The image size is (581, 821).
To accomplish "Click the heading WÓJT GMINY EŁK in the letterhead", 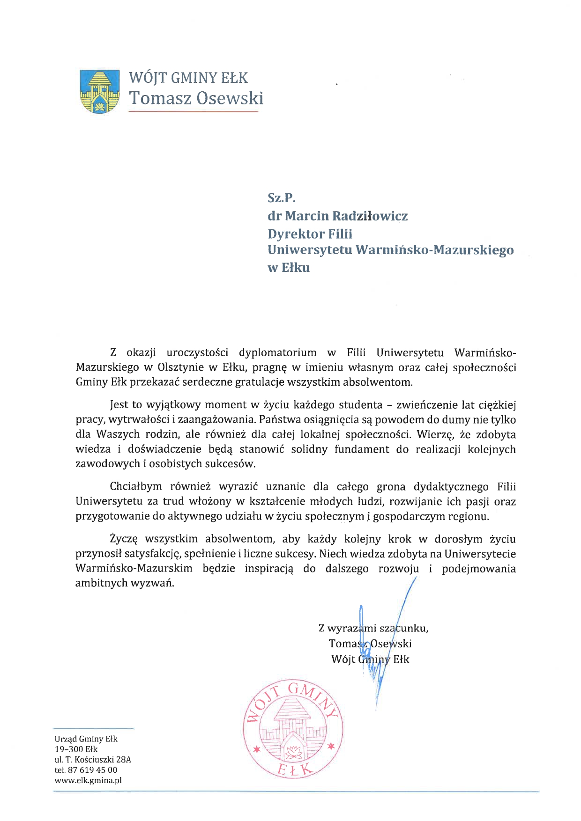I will (188, 77).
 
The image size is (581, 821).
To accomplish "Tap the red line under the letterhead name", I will (193, 111).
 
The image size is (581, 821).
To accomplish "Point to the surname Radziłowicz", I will (370, 216).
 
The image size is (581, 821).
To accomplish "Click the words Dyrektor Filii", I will (310, 234).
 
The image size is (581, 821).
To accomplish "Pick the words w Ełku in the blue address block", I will (289, 268).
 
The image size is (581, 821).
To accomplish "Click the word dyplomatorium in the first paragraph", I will (277, 352).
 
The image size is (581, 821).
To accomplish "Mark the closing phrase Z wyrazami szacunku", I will (373, 628).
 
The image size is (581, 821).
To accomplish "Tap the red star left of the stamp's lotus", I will (256, 749).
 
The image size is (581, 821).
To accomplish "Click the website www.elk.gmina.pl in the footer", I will (88, 780).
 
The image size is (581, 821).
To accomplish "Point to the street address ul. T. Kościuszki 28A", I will (93, 760).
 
